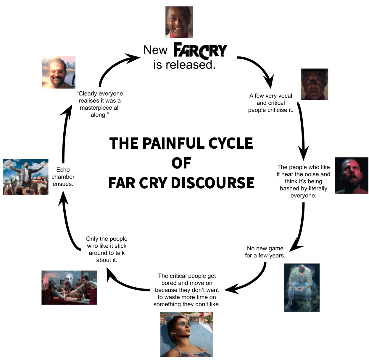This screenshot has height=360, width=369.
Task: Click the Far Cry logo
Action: point(200,50)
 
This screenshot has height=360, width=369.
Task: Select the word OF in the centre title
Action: point(181,163)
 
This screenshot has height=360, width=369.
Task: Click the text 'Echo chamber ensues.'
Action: point(63,177)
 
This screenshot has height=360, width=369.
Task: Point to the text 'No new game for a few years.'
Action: point(265,252)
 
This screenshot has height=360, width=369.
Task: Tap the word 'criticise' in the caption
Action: point(278,110)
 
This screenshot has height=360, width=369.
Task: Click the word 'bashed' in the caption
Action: point(290,189)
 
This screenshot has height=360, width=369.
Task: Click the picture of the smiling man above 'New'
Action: point(179,22)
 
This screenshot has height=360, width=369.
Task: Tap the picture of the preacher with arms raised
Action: point(26,177)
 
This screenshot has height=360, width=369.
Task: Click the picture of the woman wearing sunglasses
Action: point(186,334)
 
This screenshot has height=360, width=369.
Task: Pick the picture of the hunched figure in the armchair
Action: point(302,287)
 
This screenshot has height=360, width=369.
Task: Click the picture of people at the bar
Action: point(69,287)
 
